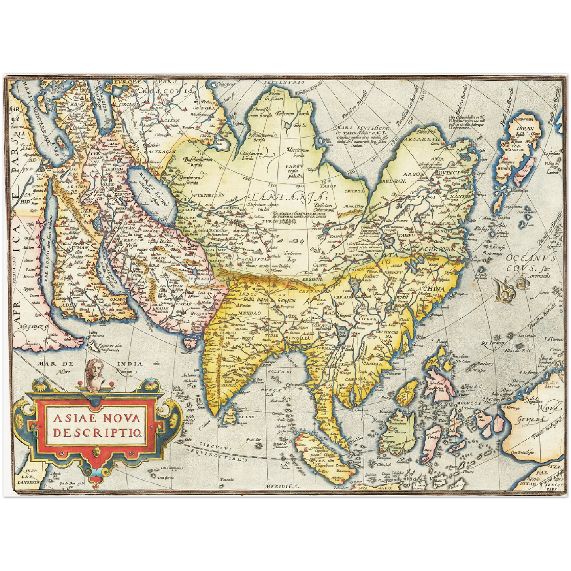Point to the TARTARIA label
pyautogui.click(x=289, y=197)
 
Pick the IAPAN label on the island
pyautogui.click(x=525, y=128)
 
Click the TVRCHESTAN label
pyautogui.click(x=207, y=195)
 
